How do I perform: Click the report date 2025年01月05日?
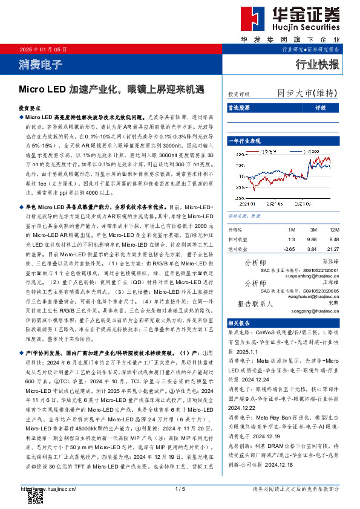click(x=40, y=49)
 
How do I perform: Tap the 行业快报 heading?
click(x=317, y=63)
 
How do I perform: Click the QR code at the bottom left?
click(x=34, y=494)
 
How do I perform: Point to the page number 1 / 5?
click(x=179, y=488)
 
